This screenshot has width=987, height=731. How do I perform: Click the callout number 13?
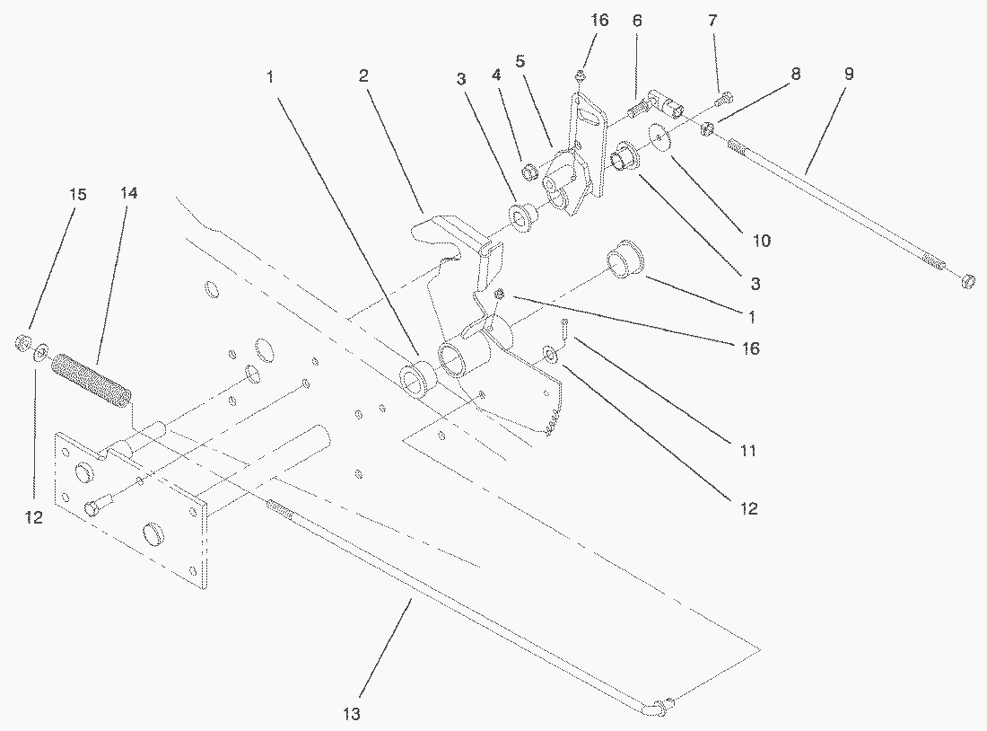(351, 714)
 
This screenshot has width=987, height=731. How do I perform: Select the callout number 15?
(78, 193)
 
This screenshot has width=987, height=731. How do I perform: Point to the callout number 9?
(848, 74)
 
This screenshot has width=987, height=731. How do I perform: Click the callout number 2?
(363, 75)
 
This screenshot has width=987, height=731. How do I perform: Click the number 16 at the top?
(599, 20)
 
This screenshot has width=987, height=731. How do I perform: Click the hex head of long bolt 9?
(967, 281)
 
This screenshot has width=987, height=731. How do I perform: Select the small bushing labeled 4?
(529, 171)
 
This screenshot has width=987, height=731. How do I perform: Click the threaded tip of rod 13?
(280, 511)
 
